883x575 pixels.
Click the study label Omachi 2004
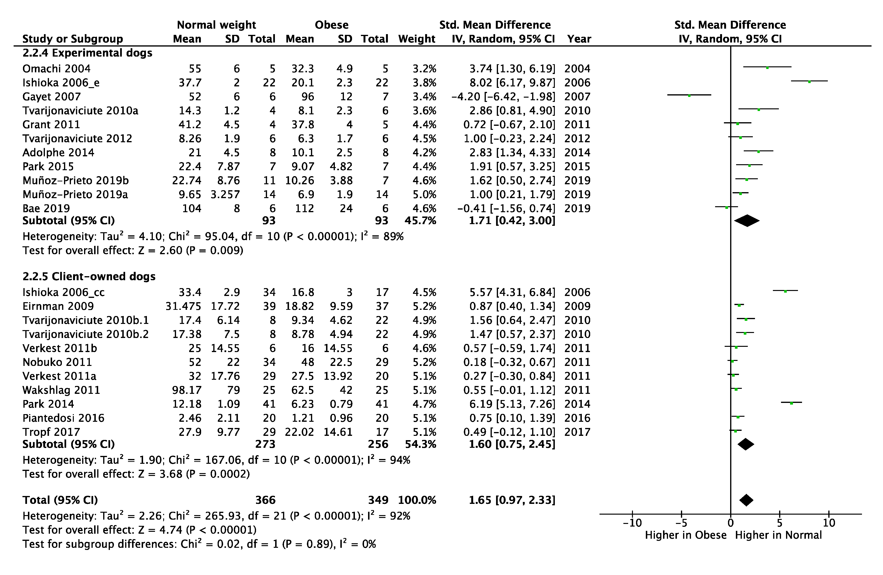pyautogui.click(x=56, y=69)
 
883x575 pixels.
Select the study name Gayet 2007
pyautogui.click(x=52, y=97)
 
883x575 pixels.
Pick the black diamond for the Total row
pyautogui.click(x=746, y=500)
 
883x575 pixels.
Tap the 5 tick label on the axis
pyautogui.click(x=780, y=523)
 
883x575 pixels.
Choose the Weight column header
pyautogui.click(x=417, y=39)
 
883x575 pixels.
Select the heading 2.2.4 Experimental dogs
pyautogui.click(x=87, y=53)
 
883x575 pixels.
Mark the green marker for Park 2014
pyautogui.click(x=791, y=403)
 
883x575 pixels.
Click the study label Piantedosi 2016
pyautogui.click(x=64, y=418)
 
